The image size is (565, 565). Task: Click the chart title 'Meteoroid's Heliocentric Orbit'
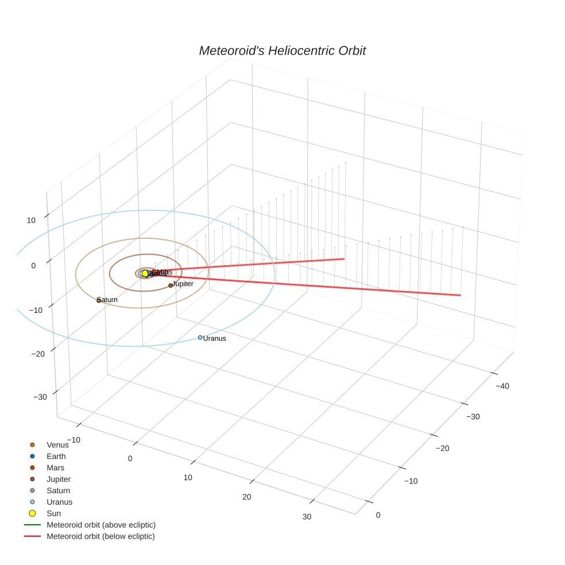(x=282, y=51)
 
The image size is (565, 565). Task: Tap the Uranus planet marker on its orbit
(x=200, y=338)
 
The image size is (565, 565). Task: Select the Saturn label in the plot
(x=107, y=300)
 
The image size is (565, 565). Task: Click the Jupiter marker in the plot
(x=171, y=285)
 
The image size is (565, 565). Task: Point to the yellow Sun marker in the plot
(x=145, y=273)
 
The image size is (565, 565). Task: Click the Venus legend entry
(x=57, y=444)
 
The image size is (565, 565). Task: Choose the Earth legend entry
(x=56, y=456)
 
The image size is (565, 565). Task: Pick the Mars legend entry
(x=55, y=467)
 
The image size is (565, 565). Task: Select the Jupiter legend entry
(x=59, y=479)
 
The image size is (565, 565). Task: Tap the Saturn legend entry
(x=58, y=490)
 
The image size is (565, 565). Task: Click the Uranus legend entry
(x=59, y=502)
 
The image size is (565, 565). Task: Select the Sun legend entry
(x=53, y=513)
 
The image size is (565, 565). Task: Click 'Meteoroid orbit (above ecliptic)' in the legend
(x=101, y=525)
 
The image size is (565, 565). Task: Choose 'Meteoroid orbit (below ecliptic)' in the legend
(x=100, y=536)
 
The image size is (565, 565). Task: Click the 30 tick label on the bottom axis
(x=307, y=517)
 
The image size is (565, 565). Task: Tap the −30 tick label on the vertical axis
(x=41, y=397)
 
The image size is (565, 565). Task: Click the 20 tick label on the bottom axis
(x=247, y=497)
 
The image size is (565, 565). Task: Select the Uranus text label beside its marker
(x=214, y=339)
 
